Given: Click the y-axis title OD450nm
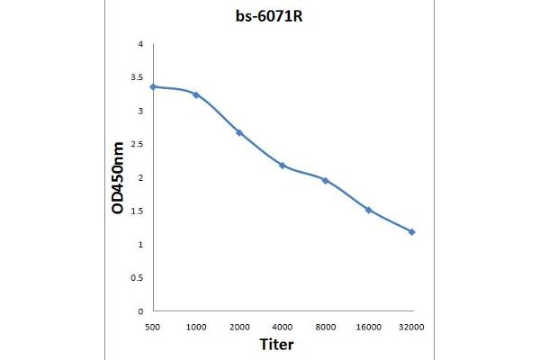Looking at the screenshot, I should [x=118, y=177].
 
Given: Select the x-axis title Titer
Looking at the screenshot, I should [x=277, y=344].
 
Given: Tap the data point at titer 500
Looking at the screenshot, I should [x=153, y=86].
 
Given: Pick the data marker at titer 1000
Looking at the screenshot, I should [x=196, y=94].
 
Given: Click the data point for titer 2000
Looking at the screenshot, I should [x=239, y=132].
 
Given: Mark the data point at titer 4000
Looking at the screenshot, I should [x=283, y=166].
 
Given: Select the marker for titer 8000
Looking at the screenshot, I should [x=325, y=180].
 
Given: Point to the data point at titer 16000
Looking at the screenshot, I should [x=368, y=210].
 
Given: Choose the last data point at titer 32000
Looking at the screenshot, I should [x=411, y=232].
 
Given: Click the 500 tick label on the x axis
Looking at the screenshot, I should [x=153, y=325].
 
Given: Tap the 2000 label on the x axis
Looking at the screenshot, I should [x=239, y=325].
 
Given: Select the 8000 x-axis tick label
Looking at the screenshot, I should [x=325, y=325].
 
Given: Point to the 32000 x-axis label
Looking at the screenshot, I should [x=411, y=325].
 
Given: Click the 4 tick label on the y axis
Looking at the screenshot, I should [x=139, y=44].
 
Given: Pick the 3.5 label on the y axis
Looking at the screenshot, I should [x=136, y=77].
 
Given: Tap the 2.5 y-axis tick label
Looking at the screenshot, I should [x=136, y=144].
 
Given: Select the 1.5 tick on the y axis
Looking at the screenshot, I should [x=136, y=211].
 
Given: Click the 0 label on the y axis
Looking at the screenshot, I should [x=139, y=311].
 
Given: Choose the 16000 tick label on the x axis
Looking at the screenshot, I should [x=368, y=325].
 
